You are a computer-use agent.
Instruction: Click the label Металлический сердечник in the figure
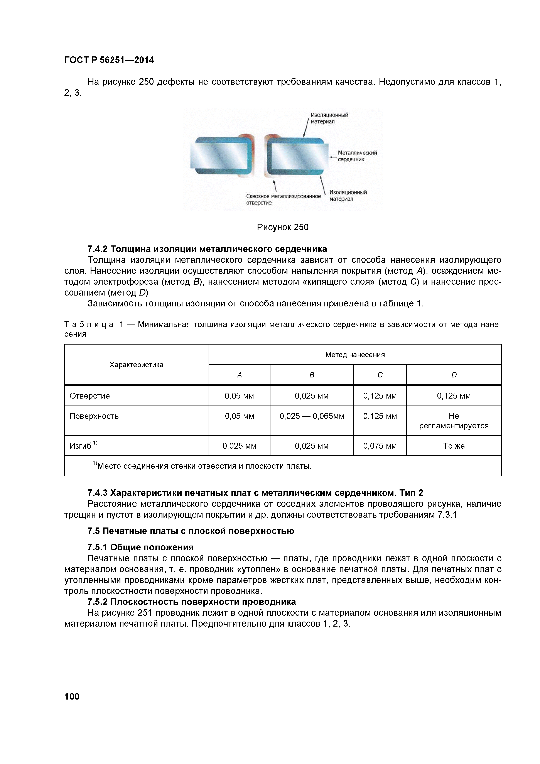357,156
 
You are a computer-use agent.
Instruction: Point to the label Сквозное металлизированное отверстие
283,199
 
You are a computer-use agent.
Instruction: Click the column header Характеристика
136,365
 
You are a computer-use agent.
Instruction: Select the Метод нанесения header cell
355,355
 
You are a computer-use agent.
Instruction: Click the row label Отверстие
89,396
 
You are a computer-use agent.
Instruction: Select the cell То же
454,446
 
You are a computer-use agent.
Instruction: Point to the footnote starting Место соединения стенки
204,466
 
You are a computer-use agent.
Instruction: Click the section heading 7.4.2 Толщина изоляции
207,249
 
